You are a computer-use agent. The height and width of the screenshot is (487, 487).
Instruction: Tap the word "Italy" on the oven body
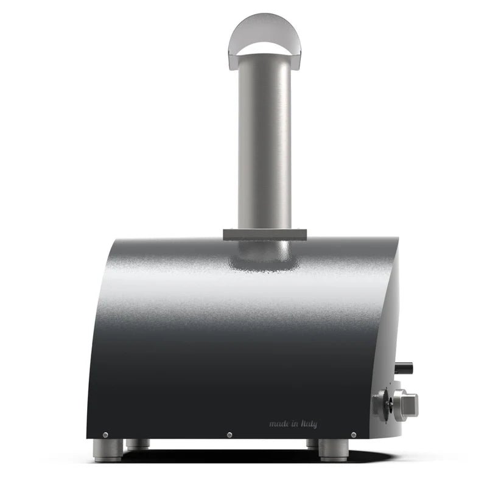307,424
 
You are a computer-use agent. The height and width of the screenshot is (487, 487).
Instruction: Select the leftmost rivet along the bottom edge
105,435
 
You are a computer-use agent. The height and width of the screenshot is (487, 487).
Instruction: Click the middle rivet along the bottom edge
229,435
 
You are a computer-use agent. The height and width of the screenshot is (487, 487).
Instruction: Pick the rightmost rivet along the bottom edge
354,435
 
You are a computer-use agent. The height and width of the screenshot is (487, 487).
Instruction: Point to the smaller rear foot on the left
139,444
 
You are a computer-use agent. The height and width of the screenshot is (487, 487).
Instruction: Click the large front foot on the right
333,450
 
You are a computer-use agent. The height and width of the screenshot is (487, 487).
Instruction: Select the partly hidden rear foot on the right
312,444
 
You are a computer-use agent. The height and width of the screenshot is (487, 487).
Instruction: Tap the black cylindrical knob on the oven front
404,368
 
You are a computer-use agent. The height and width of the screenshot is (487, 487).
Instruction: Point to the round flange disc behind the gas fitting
383,405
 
